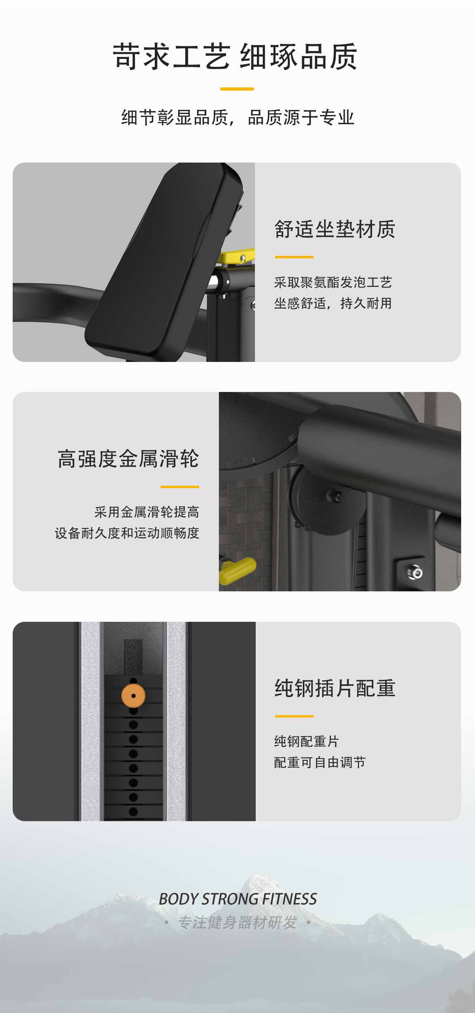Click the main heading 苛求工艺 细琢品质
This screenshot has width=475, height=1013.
[x=235, y=57]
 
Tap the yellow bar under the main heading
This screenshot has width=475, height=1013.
[x=237, y=89]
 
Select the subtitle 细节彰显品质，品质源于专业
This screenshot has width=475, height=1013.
[x=237, y=117]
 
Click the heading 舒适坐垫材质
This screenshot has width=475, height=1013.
[x=335, y=229]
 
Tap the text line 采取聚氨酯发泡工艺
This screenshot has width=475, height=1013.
[x=333, y=282]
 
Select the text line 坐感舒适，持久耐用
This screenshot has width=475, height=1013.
[x=333, y=303]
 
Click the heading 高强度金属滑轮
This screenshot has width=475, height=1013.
[x=128, y=459]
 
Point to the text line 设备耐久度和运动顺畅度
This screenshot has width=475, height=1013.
[x=127, y=533]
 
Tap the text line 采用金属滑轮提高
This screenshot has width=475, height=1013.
[x=147, y=512]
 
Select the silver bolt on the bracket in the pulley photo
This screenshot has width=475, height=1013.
[x=415, y=572]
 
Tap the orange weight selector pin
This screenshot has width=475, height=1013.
[x=133, y=696]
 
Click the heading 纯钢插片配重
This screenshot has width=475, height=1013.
[x=335, y=688]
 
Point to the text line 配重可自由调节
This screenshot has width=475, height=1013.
[x=320, y=762]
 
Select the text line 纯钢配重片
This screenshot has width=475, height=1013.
[x=306, y=741]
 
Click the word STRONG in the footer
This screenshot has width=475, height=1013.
[x=230, y=899]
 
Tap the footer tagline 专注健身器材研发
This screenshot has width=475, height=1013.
[x=237, y=922]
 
